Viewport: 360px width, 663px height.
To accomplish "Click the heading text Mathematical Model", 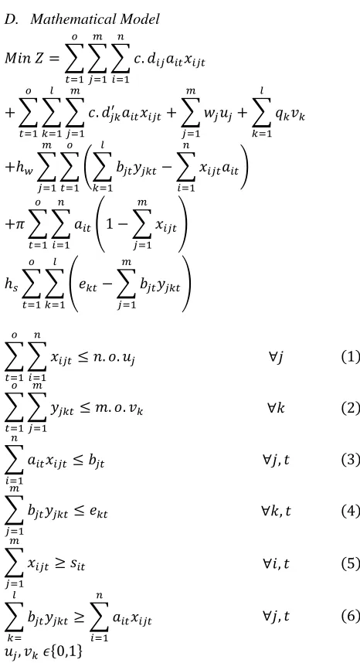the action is (x=95, y=19).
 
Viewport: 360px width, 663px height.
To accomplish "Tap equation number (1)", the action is (x=350, y=357).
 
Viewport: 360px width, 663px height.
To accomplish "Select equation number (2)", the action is (x=350, y=408).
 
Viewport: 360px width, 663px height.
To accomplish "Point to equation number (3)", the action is (x=350, y=460).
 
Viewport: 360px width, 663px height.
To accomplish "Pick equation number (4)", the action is (x=350, y=512).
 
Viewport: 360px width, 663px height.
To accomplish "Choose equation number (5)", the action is (x=350, y=563).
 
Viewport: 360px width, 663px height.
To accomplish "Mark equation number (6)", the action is (x=350, y=617).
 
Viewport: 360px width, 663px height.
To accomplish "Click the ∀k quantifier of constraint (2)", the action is (x=276, y=408).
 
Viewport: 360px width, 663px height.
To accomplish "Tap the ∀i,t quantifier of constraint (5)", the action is (x=276, y=563).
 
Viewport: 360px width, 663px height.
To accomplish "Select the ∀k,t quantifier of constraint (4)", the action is (x=276, y=512).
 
